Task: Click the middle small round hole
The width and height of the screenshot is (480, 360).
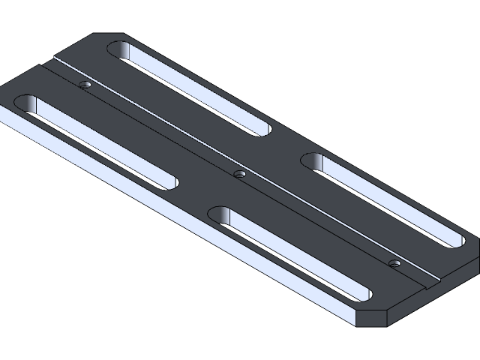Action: [239, 174]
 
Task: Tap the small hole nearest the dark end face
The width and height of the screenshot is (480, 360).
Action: [394, 263]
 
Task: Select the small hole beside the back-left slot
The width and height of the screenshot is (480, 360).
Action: [86, 85]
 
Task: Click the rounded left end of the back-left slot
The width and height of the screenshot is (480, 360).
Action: [118, 50]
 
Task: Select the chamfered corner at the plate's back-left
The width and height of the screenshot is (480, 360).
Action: [105, 36]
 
